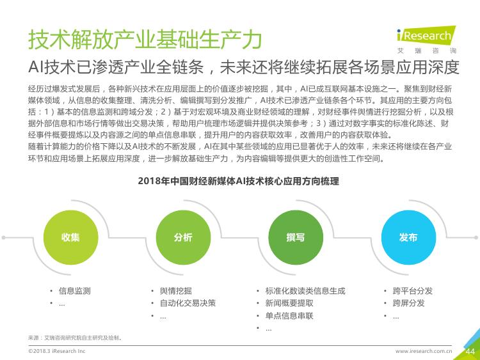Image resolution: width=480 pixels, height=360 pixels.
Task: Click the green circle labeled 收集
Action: click(x=70, y=237)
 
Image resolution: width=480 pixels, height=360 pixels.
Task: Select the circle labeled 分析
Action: click(x=183, y=237)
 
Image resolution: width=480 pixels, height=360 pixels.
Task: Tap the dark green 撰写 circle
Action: click(x=296, y=237)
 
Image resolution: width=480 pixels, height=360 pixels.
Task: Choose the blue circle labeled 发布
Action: click(x=408, y=237)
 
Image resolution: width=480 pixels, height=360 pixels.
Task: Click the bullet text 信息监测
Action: click(x=75, y=290)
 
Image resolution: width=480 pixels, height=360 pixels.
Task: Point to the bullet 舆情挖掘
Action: click(x=176, y=290)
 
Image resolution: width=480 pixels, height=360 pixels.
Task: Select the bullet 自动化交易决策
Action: click(x=188, y=303)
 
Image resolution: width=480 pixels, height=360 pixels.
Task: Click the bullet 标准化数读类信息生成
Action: click(x=305, y=290)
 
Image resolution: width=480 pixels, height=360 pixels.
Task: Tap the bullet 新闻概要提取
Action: click(x=289, y=303)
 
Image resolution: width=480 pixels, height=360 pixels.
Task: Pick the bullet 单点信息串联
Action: click(x=289, y=316)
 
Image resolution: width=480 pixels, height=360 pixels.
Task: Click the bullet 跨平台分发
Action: click(x=413, y=290)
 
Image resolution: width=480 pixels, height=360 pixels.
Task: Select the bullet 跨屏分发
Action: click(x=409, y=303)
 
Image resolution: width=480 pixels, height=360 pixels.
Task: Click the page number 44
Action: click(x=470, y=352)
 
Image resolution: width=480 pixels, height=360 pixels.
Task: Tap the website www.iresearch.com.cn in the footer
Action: click(x=424, y=351)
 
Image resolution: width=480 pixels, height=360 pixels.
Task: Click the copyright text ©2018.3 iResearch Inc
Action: click(x=56, y=351)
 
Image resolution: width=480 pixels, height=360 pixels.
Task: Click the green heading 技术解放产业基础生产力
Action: click(x=145, y=40)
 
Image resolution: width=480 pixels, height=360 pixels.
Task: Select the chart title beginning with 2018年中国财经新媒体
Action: click(x=239, y=181)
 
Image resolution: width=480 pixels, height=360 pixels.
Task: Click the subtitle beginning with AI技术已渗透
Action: click(x=244, y=67)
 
